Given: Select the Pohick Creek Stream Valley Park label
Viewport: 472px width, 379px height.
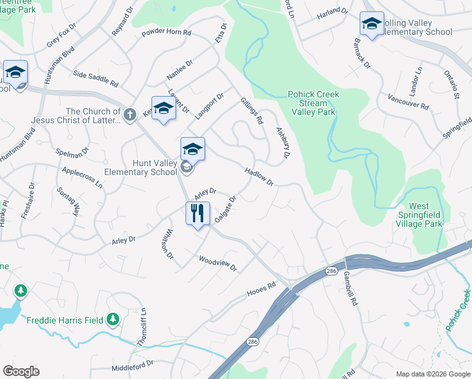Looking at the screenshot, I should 314,102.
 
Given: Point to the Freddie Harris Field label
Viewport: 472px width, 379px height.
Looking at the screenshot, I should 65,320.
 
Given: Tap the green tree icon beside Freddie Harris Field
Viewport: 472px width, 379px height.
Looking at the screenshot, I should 113,319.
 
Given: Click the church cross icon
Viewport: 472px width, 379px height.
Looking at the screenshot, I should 129,114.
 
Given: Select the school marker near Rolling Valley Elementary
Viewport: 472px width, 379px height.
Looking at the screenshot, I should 371,24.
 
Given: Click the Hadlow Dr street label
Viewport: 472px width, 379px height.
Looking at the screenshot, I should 259,177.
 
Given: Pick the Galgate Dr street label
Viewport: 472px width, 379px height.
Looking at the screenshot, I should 225,209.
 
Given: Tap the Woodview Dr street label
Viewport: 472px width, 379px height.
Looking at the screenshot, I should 217,263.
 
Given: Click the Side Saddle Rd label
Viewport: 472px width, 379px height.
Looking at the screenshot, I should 95,79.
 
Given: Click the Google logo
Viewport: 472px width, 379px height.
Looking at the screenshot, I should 21,371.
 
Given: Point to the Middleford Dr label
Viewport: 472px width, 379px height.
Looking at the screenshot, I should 133,366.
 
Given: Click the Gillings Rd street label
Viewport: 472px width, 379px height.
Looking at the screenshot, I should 251,111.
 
